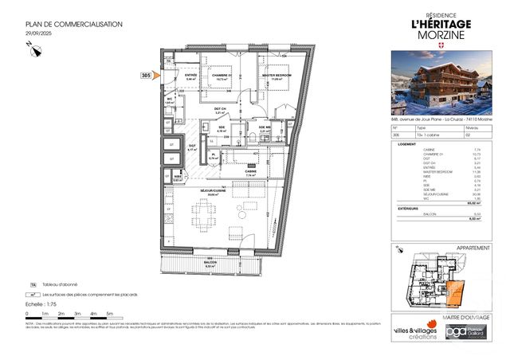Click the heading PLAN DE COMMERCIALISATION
click(x=73, y=25)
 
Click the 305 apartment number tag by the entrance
click(x=146, y=75)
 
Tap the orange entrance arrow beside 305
click(x=157, y=75)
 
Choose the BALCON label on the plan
click(x=211, y=264)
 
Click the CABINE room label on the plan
click(x=250, y=171)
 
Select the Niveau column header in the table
click(x=471, y=127)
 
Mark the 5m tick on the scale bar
click(x=109, y=315)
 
